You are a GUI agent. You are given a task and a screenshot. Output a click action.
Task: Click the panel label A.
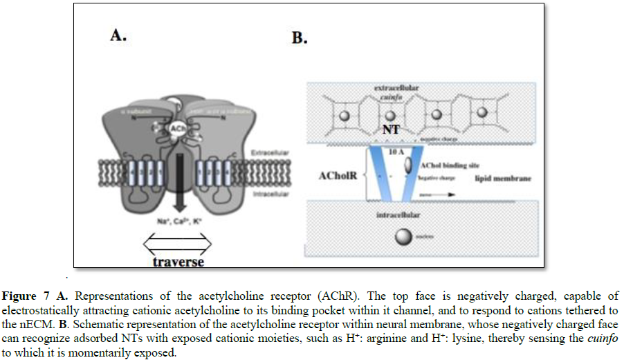(118, 36)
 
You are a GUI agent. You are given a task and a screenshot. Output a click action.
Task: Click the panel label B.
(299, 37)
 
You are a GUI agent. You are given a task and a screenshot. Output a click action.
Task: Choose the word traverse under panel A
(178, 262)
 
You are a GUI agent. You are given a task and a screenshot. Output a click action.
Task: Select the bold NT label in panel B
(392, 129)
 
